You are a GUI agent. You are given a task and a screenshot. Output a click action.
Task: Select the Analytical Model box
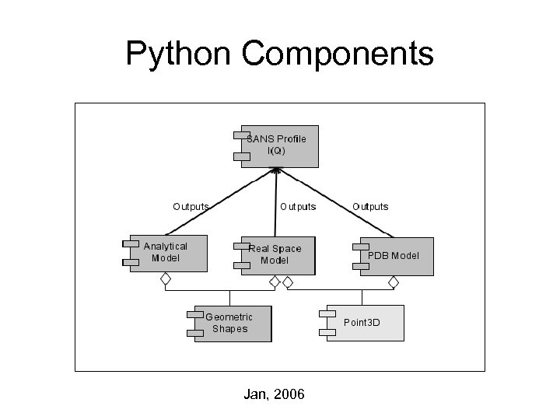(167, 253)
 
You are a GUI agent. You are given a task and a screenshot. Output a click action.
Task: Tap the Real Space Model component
(276, 255)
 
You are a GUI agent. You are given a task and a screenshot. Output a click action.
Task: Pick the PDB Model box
(395, 256)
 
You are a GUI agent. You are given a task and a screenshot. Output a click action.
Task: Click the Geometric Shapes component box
(231, 323)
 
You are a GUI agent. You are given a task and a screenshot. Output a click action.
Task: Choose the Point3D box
(363, 322)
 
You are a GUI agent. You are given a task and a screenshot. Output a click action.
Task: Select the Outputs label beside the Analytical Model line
(191, 207)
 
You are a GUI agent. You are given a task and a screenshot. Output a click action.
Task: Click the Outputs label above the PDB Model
(370, 207)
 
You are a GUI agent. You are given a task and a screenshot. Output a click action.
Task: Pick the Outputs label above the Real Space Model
(298, 207)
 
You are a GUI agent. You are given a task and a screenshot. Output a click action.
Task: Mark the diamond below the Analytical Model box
(165, 280)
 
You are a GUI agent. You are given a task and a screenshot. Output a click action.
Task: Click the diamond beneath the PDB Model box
(394, 282)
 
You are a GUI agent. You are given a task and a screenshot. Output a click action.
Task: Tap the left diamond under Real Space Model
(274, 282)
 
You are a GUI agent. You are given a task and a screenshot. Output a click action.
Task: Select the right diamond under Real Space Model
(286, 282)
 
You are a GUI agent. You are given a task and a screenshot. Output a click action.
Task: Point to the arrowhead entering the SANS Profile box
(277, 173)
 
